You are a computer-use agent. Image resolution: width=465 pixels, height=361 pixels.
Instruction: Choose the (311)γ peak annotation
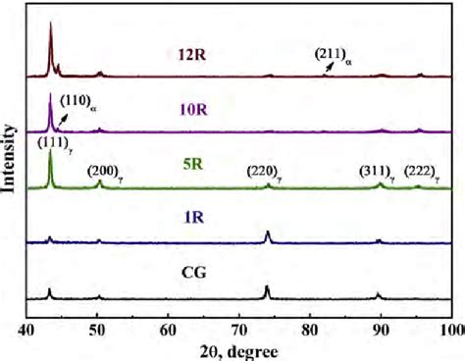pyautogui.click(x=379, y=175)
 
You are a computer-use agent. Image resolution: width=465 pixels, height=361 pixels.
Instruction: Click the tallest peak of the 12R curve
pyautogui.click(x=50, y=24)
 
